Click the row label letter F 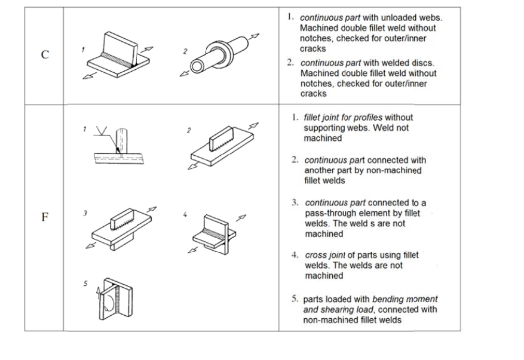(x=44, y=217)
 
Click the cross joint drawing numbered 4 (x=213, y=230)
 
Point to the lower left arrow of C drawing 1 (x=90, y=87)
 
